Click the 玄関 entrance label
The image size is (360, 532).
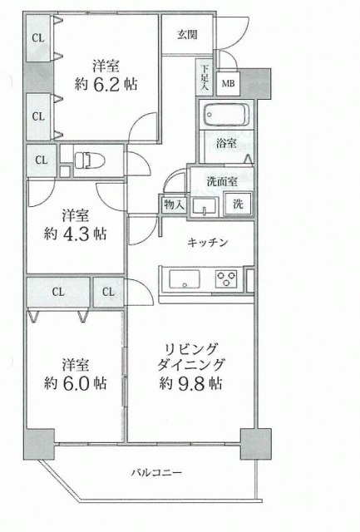click(187, 35)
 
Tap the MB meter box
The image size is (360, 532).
click(228, 83)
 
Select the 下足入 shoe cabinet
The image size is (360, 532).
click(204, 77)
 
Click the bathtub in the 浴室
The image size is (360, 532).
click(226, 115)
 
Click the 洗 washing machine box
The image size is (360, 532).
click(238, 204)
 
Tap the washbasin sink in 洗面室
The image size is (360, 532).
click(204, 207)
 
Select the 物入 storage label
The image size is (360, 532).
click(174, 204)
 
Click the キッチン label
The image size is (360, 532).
click(207, 243)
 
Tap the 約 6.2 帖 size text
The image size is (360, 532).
click(106, 84)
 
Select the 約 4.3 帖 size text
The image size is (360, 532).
click(75, 234)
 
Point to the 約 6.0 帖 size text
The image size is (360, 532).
click(75, 383)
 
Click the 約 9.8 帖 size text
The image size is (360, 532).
click(190, 383)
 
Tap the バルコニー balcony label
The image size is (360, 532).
click(157, 472)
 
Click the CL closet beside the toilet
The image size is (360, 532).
click(42, 160)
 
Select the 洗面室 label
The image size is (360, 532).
click(222, 181)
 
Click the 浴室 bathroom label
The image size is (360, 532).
click(226, 143)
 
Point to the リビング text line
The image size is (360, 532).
click(190, 349)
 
